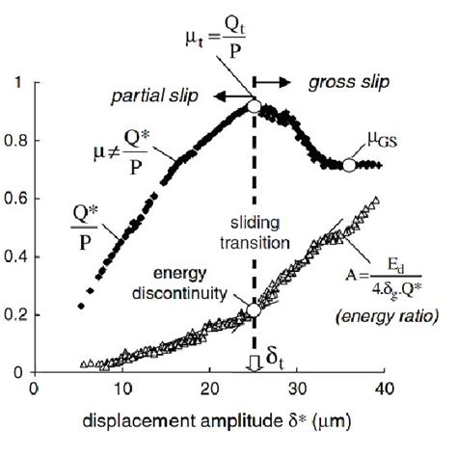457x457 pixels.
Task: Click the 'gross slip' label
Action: [x=349, y=84]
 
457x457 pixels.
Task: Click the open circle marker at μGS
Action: [x=350, y=165]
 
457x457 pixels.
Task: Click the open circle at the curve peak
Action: [x=253, y=107]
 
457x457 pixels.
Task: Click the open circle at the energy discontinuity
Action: [x=253, y=310]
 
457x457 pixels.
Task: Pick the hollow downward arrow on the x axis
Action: [x=253, y=363]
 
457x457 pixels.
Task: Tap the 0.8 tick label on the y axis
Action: [x=15, y=142]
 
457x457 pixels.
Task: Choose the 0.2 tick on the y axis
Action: [x=15, y=314]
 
